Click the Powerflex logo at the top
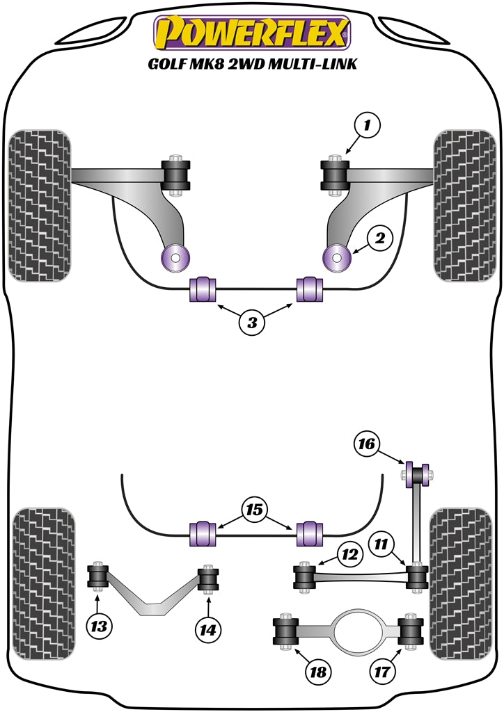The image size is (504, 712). click(251, 33)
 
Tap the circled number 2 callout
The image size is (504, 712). click(379, 239)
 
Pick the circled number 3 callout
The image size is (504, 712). click(252, 322)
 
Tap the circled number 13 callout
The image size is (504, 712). click(100, 626)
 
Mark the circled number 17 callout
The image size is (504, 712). click(384, 672)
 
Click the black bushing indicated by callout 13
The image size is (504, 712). click(98, 576)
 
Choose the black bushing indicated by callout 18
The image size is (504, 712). click(285, 631)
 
